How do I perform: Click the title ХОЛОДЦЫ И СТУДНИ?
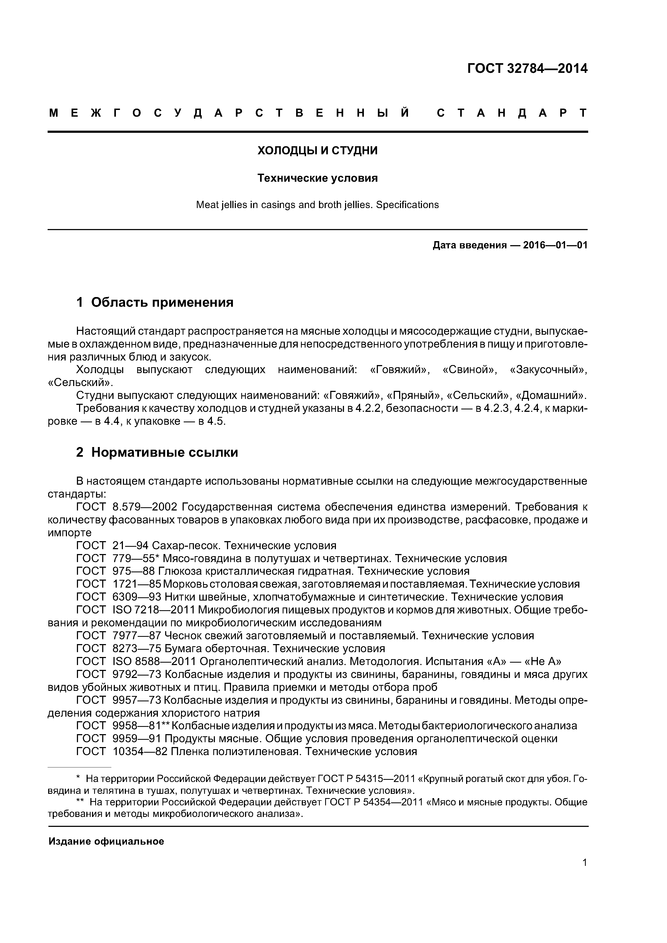click(317, 151)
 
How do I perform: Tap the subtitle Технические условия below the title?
click(317, 178)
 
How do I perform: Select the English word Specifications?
click(407, 205)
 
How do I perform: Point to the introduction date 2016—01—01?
click(555, 246)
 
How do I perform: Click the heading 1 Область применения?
click(155, 303)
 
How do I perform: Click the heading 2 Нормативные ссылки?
click(157, 453)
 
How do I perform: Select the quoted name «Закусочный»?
click(548, 370)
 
